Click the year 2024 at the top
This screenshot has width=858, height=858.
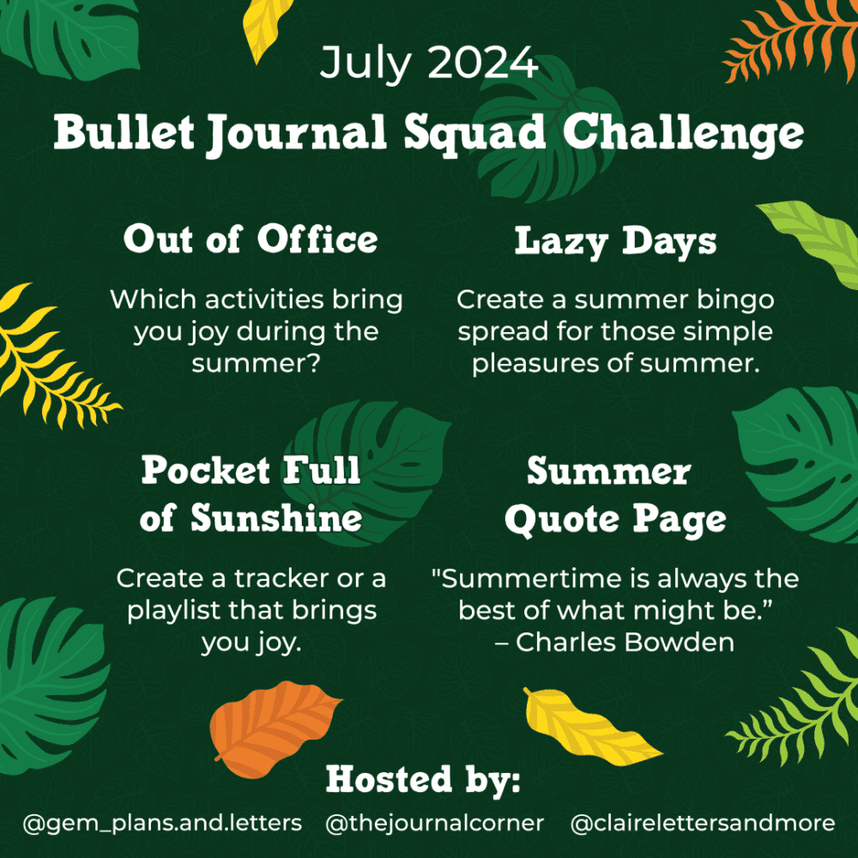[482, 62]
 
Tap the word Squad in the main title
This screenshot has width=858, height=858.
[474, 134]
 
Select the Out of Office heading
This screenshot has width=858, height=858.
[251, 239]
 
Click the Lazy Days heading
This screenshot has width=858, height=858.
[615, 241]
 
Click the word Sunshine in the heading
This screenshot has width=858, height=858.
[276, 517]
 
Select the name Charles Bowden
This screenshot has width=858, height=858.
[625, 643]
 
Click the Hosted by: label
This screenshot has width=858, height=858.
[422, 779]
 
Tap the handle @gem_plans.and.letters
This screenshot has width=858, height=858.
[162, 823]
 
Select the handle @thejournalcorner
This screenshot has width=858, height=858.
[434, 823]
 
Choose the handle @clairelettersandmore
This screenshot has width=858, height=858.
[703, 823]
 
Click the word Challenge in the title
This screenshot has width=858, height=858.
[683, 134]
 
